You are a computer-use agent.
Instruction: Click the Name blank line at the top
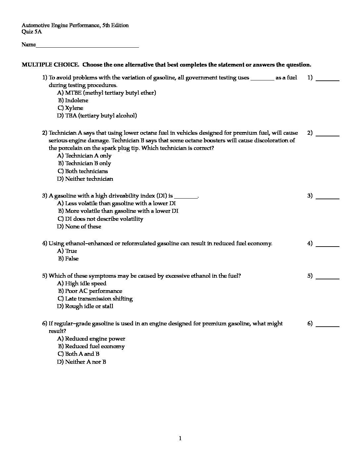pyautogui.click(x=87, y=47)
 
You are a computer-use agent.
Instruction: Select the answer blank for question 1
pyautogui.click(x=328, y=80)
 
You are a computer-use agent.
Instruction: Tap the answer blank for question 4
pyautogui.click(x=328, y=246)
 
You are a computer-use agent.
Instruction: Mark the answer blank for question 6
pyautogui.click(x=328, y=326)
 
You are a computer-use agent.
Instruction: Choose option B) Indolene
pyautogui.click(x=73, y=100)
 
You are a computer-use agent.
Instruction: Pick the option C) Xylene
pyautogui.click(x=70, y=108)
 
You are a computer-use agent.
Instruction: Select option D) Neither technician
pyautogui.click(x=85, y=179)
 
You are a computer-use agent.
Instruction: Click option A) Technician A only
pyautogui.click(x=84, y=156)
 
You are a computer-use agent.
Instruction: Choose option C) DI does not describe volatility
pyautogui.click(x=100, y=219)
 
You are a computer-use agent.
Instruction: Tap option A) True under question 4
pyautogui.click(x=67, y=251)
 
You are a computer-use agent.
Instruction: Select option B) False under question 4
pyautogui.click(x=68, y=258)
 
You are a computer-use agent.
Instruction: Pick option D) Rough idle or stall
pyautogui.click(x=85, y=306)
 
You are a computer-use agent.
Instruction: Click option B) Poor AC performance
pyautogui.click(x=90, y=291)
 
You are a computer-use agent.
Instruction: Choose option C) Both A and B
pyautogui.click(x=78, y=354)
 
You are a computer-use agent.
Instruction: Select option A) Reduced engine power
pyautogui.click(x=91, y=339)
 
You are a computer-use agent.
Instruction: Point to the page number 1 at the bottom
pyautogui.click(x=180, y=439)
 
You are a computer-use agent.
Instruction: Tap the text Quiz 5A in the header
pyautogui.click(x=32, y=32)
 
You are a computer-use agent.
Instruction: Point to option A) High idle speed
pyautogui.click(x=82, y=283)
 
